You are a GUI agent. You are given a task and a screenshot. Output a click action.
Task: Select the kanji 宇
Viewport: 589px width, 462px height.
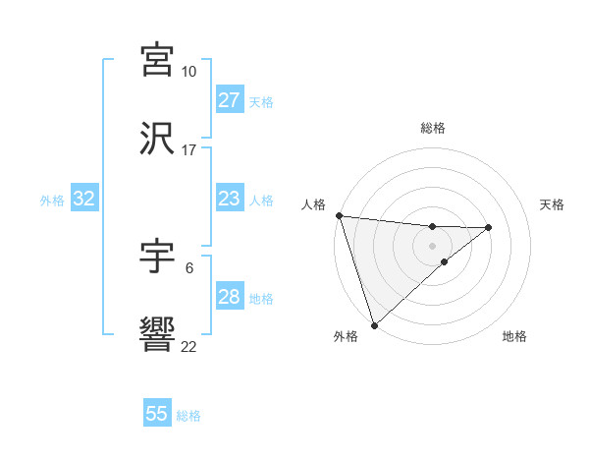point(158,258)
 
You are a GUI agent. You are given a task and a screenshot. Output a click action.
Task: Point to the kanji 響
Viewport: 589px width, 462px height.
point(158,336)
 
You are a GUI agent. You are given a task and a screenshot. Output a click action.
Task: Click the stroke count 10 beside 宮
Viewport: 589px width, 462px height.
point(188,72)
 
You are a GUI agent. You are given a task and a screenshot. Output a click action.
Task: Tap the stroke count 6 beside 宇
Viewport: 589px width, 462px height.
point(188,267)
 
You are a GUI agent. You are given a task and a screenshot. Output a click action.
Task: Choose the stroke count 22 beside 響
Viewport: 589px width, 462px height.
point(188,347)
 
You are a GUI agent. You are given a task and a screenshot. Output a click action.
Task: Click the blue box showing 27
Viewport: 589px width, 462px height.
point(229,100)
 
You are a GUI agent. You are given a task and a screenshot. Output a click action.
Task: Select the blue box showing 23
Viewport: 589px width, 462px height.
point(229,199)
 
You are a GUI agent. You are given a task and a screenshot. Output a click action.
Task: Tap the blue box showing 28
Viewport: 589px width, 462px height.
point(229,297)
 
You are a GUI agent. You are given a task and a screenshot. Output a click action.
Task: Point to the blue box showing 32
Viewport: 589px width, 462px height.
point(84,199)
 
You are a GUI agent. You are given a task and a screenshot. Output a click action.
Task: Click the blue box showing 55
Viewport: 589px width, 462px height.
point(157,414)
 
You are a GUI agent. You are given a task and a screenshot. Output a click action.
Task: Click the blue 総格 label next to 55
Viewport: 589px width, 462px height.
point(188,416)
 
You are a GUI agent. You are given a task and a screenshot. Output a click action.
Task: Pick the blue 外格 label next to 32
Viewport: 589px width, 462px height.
point(52,201)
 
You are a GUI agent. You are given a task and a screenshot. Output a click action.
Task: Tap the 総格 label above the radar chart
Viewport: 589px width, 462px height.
point(432,128)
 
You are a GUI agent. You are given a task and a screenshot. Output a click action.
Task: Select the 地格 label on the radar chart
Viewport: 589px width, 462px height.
point(514,337)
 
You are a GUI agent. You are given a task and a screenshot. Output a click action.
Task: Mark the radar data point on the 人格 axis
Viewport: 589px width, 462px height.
point(339,215)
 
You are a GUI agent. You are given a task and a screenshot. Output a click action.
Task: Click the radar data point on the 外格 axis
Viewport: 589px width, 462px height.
point(374,324)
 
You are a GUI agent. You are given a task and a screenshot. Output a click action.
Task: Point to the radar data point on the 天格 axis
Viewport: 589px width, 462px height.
point(489,227)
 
